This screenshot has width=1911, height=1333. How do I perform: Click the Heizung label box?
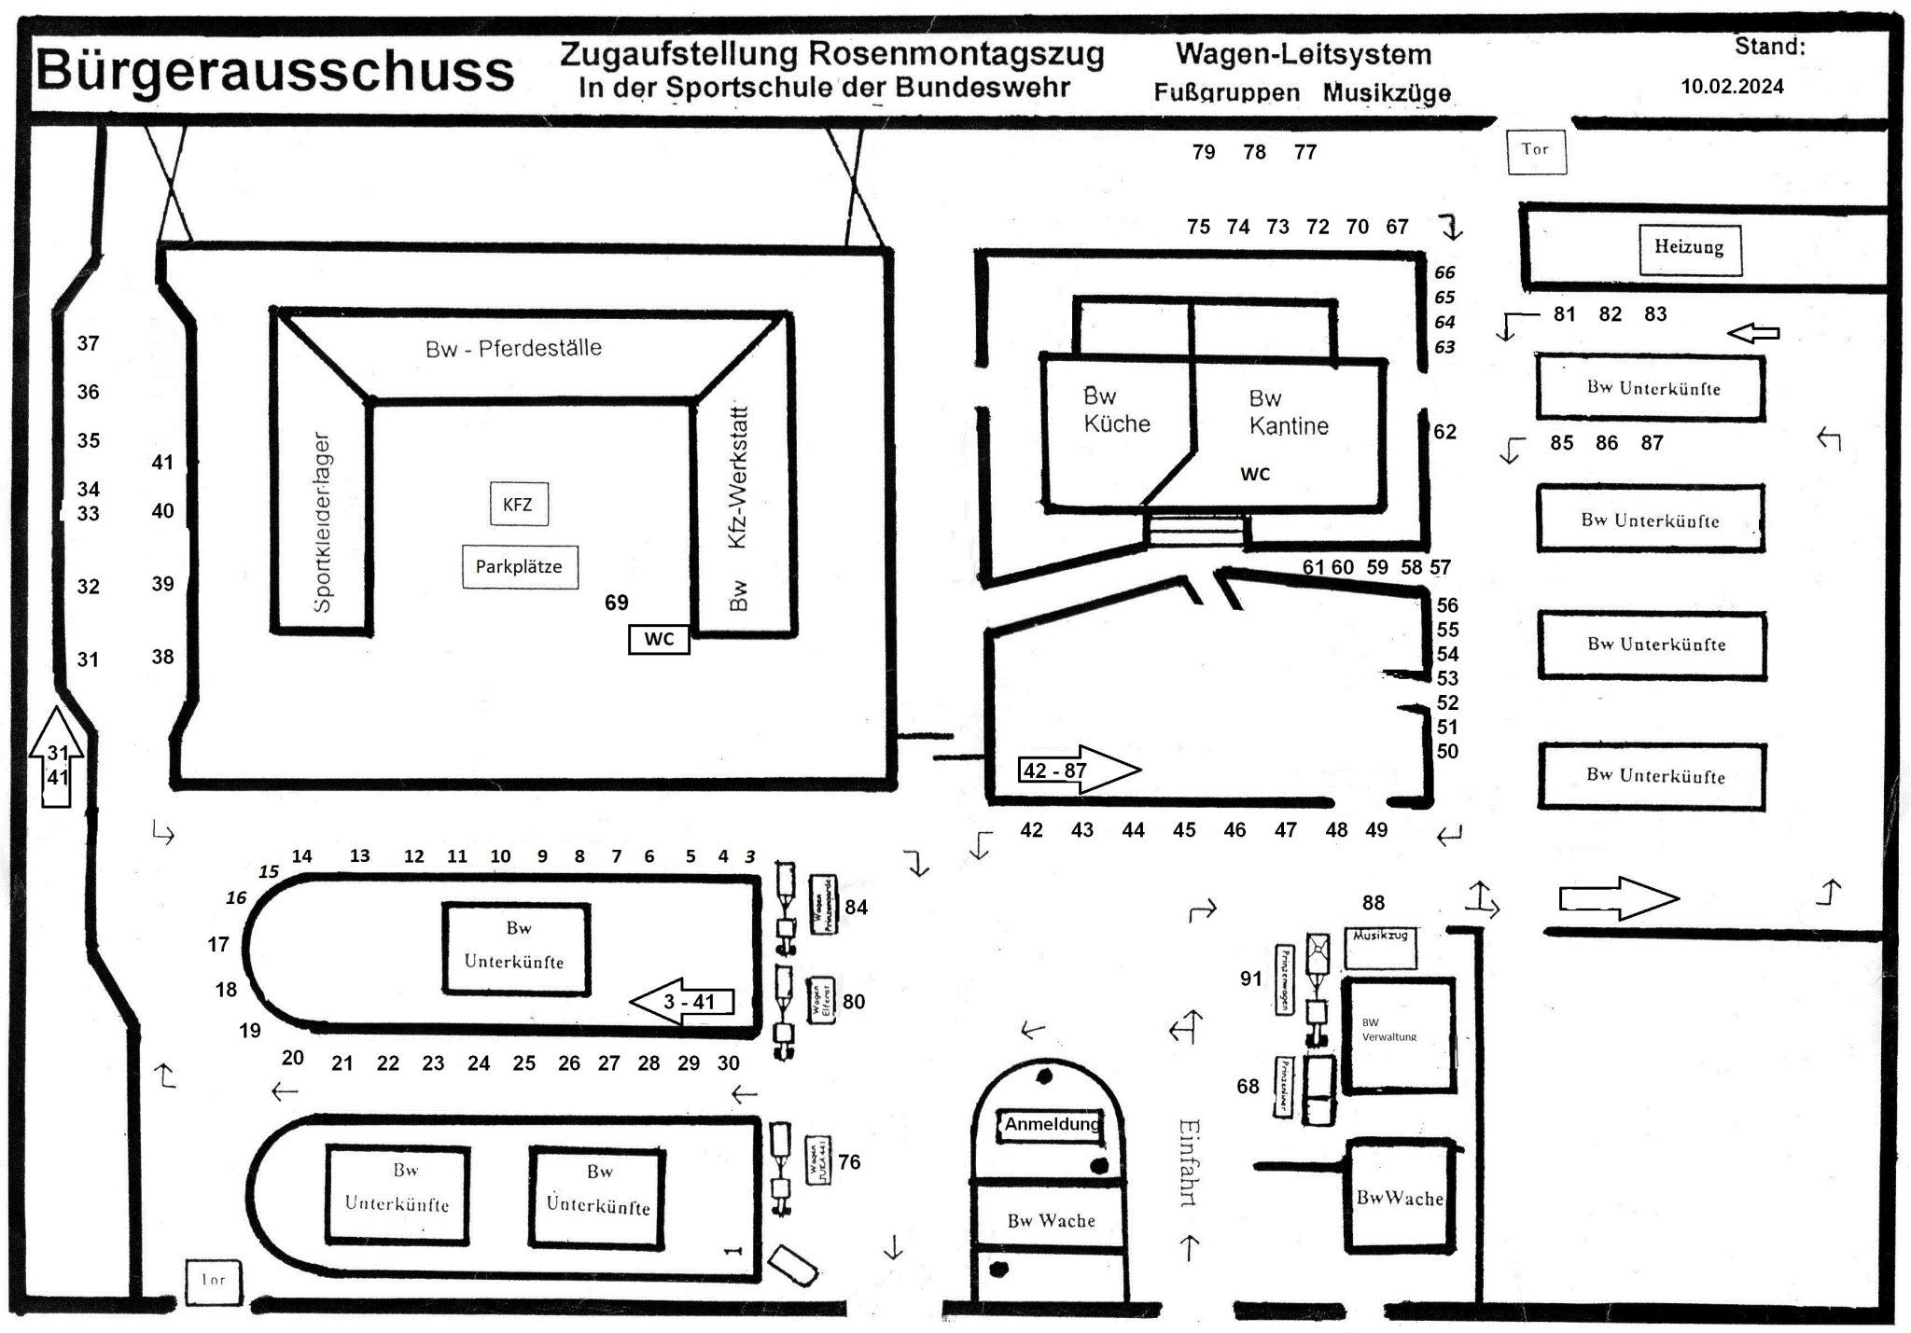tap(1689, 248)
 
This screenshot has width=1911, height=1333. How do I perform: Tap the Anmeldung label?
tap(1052, 1125)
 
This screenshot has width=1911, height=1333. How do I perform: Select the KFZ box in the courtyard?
tap(518, 505)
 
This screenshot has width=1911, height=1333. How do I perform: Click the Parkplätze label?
tap(519, 566)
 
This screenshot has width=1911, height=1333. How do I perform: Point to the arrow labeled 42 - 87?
tap(1079, 771)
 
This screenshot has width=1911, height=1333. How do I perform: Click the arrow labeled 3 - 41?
tap(682, 1003)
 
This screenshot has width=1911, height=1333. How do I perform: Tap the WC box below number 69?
tap(659, 639)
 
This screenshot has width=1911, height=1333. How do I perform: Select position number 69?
tap(616, 603)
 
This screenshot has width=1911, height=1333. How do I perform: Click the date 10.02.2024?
tap(1732, 87)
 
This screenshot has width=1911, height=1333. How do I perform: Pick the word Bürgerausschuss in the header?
tap(275, 72)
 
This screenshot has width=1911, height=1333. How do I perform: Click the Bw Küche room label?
tap(1116, 410)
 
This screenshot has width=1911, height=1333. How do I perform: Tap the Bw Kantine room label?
tap(1288, 412)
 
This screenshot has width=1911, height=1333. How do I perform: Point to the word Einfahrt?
tap(1188, 1162)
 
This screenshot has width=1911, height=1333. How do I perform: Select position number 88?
tap(1373, 903)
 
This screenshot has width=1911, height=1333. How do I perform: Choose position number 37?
tap(88, 343)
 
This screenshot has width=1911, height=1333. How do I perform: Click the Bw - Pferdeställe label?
tap(513, 349)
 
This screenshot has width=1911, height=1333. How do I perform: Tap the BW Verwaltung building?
tap(1397, 1034)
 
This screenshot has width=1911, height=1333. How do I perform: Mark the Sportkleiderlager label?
tap(322, 522)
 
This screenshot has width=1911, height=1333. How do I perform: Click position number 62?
tap(1444, 432)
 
